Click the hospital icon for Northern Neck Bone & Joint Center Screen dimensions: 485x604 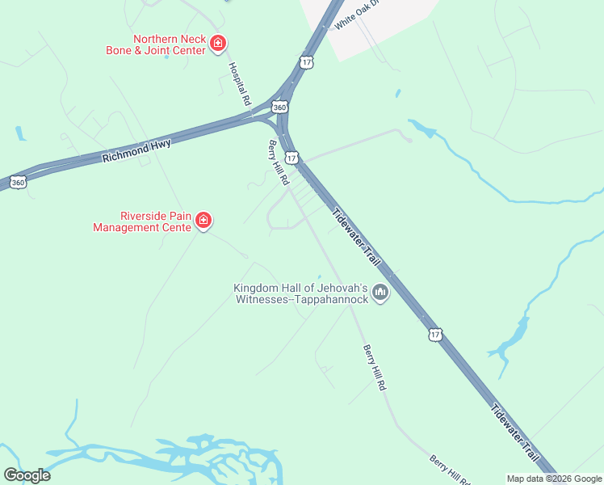[217, 44]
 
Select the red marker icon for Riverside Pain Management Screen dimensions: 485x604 [203, 220]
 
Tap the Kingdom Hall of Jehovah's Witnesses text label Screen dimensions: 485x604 [300, 293]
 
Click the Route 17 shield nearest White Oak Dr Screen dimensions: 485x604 [306, 61]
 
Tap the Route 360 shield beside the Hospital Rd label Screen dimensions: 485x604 [279, 107]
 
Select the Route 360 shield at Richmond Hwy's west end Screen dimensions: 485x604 [18, 183]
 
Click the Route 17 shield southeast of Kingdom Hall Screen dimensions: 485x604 [436, 334]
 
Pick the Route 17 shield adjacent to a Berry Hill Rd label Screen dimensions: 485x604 [292, 158]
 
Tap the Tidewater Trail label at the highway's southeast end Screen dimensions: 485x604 [515, 436]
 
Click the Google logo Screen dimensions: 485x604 [27, 475]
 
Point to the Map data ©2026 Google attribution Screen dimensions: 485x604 [555, 479]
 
